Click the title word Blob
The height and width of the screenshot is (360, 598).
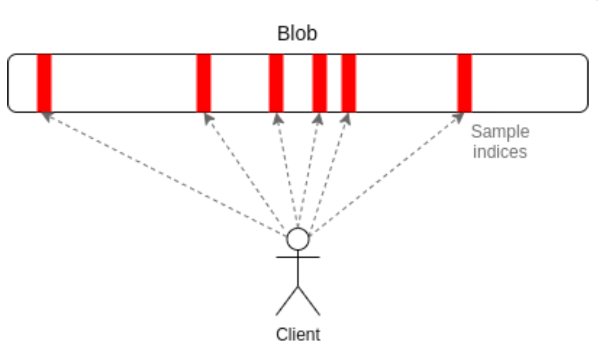[297, 34]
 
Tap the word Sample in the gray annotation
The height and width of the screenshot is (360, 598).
[500, 132]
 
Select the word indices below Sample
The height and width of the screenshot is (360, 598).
[500, 151]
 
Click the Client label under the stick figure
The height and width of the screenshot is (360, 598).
[298, 334]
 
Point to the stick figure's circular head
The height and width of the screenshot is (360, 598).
[298, 239]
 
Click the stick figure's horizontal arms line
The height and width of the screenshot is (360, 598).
[298, 257]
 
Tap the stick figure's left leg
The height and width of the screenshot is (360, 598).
[287, 301]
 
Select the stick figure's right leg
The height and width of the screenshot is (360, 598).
[309, 301]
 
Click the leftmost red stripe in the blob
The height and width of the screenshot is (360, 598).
[44, 83]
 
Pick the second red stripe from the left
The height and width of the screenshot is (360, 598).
[204, 83]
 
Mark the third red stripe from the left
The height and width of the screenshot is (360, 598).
[276, 83]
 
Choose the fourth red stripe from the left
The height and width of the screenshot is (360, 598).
[319, 83]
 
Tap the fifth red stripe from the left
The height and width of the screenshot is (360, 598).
[348, 83]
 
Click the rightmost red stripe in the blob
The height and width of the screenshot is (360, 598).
[464, 83]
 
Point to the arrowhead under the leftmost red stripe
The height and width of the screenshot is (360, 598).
[47, 117]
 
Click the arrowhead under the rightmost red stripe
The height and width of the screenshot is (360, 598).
[459, 117]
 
